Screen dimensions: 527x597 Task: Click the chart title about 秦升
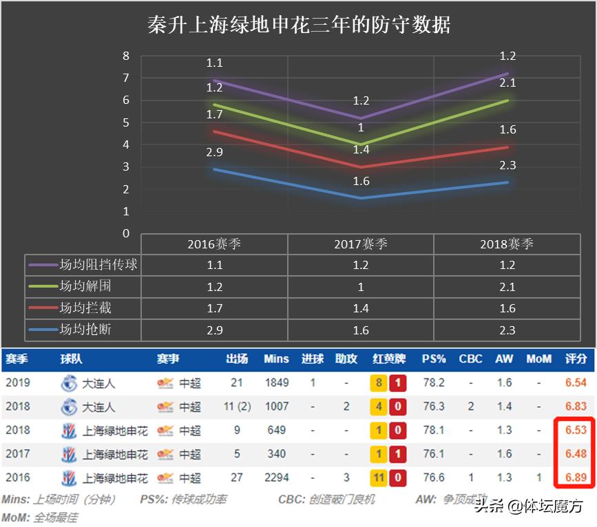[x=300, y=26]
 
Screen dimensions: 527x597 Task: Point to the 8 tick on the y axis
[x=126, y=56]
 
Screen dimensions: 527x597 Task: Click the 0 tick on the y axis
[x=126, y=233]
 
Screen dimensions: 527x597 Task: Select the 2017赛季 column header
[x=361, y=244]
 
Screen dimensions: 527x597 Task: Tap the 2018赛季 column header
[x=507, y=244]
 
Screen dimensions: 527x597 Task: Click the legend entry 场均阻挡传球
[x=83, y=265]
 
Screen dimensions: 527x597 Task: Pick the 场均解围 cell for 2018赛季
[x=507, y=286]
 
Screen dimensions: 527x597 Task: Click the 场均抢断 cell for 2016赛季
[x=214, y=330]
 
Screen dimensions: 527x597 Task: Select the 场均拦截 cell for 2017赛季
[x=361, y=308]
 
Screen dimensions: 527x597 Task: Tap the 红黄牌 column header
[x=389, y=359]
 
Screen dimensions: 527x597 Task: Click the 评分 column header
[x=576, y=359]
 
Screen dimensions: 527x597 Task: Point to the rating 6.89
[x=576, y=477]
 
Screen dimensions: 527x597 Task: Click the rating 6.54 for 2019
[x=576, y=383]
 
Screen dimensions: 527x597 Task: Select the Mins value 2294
[x=277, y=477]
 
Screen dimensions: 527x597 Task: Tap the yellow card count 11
[x=378, y=477]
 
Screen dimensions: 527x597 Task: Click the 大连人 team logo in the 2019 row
[x=69, y=383]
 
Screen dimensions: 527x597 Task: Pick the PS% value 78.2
[x=434, y=383]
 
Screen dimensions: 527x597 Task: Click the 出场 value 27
[x=237, y=477]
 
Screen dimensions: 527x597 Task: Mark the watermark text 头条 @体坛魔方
[x=529, y=507]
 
